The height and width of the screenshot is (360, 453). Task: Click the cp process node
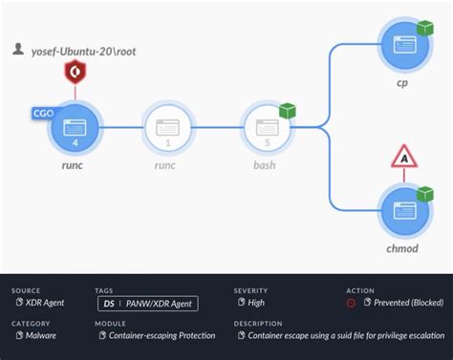(402, 44)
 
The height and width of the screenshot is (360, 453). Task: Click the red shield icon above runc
(75, 71)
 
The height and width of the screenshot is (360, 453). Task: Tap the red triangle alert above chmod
(403, 157)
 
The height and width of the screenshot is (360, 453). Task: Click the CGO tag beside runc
(43, 113)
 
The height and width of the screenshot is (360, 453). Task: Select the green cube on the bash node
(286, 112)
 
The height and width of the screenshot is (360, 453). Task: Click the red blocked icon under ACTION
(351, 303)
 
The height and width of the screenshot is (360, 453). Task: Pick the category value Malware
(41, 335)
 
